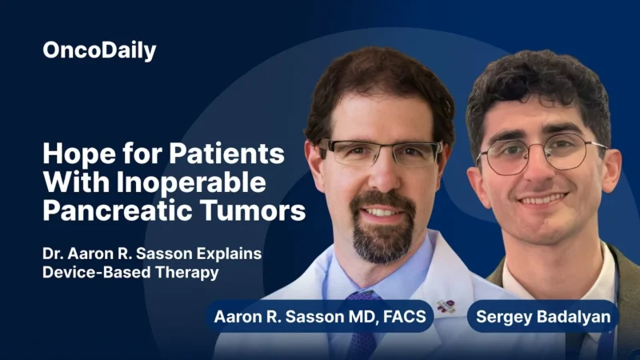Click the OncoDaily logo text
99,51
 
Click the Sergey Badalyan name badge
542,316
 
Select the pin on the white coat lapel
445,306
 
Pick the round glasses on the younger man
541,154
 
